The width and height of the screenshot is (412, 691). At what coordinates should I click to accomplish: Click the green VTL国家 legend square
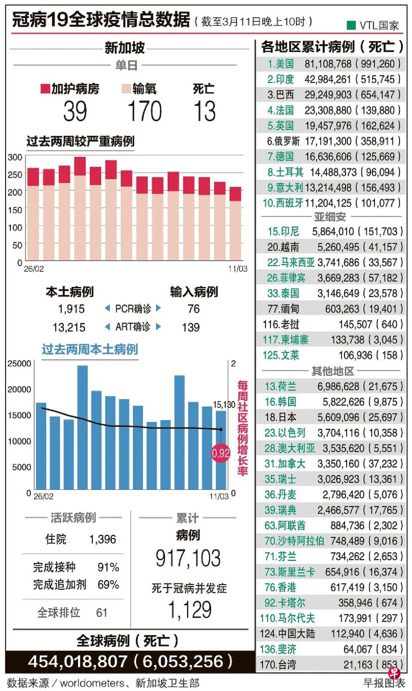pos(351,25)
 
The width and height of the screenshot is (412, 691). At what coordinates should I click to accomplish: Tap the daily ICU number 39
pos(75,111)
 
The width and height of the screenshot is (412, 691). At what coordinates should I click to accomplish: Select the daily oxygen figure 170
pos(145,111)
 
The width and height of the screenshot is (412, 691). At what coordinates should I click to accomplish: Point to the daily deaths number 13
pos(205,111)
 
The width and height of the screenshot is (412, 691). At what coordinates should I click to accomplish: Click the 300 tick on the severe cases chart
pos(15,157)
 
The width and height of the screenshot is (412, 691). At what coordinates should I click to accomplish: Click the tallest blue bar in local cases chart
pos(82,427)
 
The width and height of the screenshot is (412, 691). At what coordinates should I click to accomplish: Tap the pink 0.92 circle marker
pos(220,453)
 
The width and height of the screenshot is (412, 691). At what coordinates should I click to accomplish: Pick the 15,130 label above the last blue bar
pos(224,404)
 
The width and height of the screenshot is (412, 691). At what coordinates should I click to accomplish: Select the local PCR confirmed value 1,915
pos(71,309)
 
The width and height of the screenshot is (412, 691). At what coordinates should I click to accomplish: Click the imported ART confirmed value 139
pos(191,327)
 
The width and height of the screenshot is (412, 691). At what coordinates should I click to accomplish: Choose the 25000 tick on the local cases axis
pos(19,364)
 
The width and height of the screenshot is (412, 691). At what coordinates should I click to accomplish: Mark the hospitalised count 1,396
pos(103,539)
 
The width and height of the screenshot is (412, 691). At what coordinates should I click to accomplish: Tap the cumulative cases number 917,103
pos(188,558)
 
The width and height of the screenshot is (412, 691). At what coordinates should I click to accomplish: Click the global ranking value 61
pos(102,612)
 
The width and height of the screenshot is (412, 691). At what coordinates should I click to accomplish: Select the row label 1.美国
pos(280,64)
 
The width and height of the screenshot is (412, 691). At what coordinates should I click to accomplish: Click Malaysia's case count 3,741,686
pos(338,262)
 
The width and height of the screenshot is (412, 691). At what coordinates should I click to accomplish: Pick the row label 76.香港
pos(280,587)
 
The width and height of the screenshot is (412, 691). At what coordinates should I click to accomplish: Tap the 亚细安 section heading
pos(330,217)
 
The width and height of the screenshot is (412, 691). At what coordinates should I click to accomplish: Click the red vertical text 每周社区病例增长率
pos(243,428)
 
